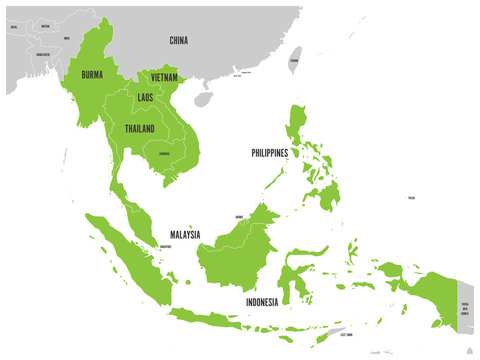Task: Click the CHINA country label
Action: pos(179,40)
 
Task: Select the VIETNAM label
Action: pos(165,76)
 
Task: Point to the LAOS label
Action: pos(145,97)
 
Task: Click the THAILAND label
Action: pos(139,129)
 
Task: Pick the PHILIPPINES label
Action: pos(270,153)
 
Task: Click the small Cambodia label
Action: pos(163,154)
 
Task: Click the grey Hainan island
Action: pos(204,99)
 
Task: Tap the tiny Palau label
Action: pos(412,199)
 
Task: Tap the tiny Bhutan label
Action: pos(44,30)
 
